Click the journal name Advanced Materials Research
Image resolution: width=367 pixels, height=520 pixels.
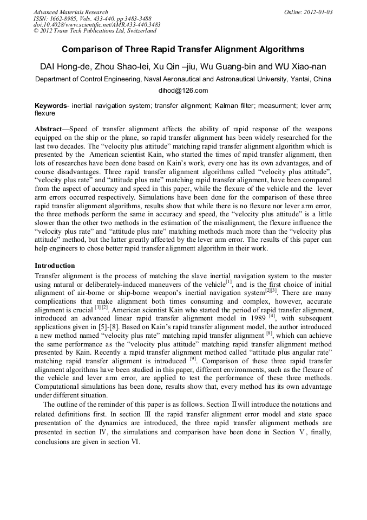[x=70, y=12]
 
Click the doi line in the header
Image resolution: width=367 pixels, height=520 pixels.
[x=97, y=25]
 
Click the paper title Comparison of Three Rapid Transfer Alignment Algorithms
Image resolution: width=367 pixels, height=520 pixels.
[x=183, y=50]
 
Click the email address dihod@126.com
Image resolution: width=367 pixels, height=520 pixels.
[x=183, y=91]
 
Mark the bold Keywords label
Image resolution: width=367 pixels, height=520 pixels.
[x=51, y=105]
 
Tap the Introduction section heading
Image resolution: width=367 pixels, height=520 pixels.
[x=55, y=266]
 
